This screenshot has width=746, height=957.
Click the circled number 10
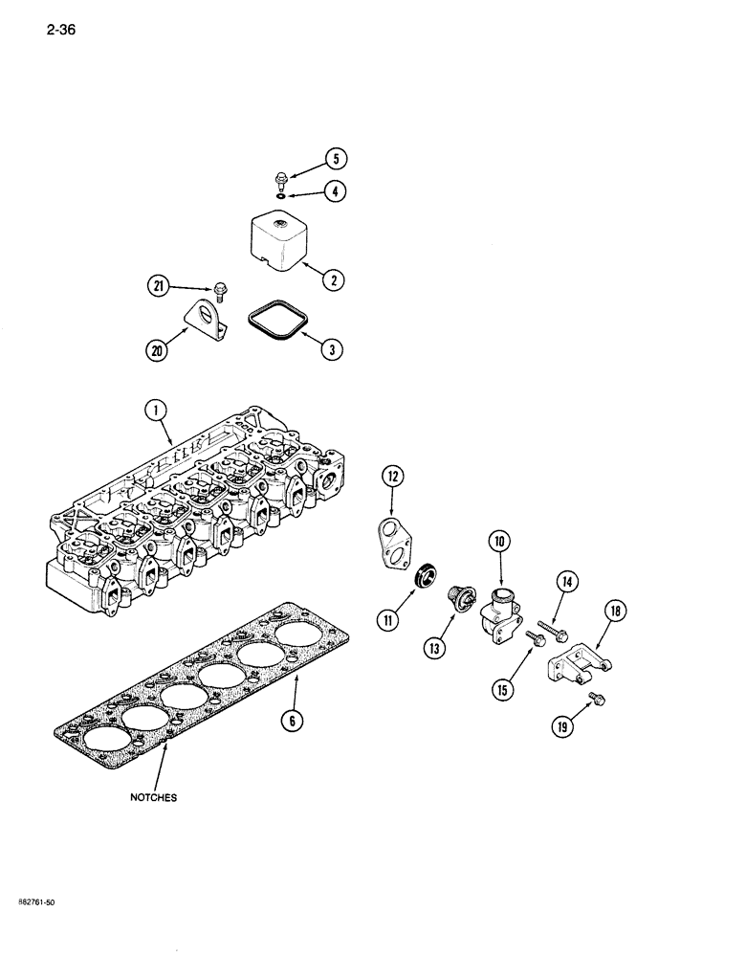click(499, 543)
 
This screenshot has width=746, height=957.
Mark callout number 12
click(393, 476)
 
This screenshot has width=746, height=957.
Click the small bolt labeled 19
click(599, 700)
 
